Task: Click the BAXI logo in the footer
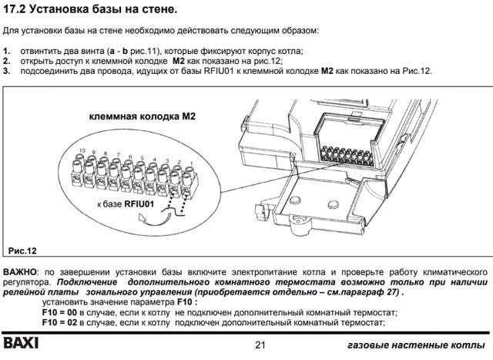(21, 343)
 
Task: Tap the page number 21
(260, 345)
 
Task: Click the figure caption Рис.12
(22, 251)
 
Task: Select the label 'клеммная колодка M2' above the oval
(142, 116)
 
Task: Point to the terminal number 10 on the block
(82, 151)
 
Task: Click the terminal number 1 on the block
(191, 163)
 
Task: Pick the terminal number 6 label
(130, 156)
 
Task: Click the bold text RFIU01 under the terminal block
(139, 204)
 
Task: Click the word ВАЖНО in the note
(20, 272)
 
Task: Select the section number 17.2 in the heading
(14, 9)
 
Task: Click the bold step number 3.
(6, 71)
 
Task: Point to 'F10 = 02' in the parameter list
(59, 322)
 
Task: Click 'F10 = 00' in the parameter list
(59, 312)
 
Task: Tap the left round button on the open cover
(294, 200)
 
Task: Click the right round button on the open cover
(333, 204)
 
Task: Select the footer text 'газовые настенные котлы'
(416, 345)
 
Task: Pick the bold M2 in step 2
(179, 61)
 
